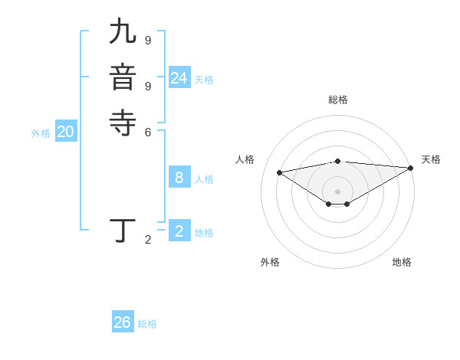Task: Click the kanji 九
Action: (x=123, y=33)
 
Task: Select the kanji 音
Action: (x=123, y=77)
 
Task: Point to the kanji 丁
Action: (x=123, y=231)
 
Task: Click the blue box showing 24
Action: (x=179, y=78)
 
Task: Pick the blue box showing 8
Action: (x=179, y=178)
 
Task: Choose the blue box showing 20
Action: (x=65, y=132)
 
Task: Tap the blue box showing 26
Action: (x=122, y=322)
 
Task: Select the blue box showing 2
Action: (x=179, y=231)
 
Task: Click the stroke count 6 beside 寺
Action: (x=148, y=131)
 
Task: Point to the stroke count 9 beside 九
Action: (x=148, y=40)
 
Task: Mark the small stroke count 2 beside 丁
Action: (x=148, y=240)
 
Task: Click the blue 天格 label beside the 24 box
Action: (x=204, y=80)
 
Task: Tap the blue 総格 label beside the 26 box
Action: (x=147, y=324)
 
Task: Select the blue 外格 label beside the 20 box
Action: (x=41, y=133)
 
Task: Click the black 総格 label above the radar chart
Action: (x=337, y=100)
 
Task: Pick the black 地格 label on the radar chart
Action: (x=402, y=262)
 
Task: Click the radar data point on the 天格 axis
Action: (x=412, y=168)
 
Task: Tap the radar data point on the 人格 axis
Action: (x=279, y=172)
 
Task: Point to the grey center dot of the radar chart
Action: (x=337, y=191)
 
